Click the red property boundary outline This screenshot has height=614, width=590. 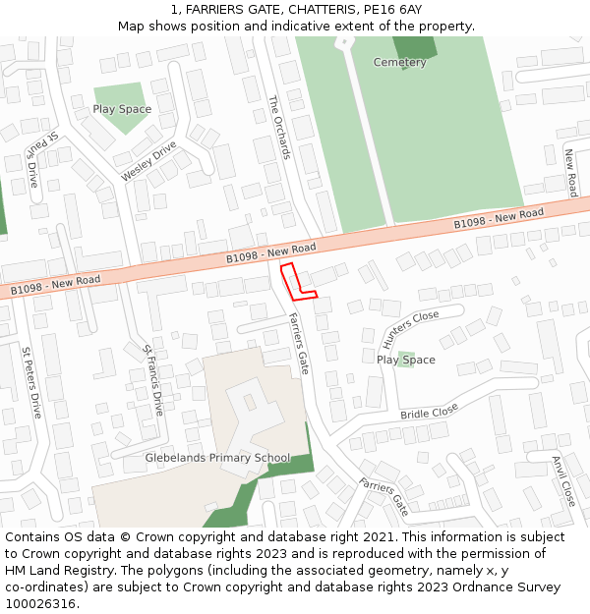click(296, 282)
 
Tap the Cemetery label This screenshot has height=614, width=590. click(400, 63)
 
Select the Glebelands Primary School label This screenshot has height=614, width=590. click(217, 458)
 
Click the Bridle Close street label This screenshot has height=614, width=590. click(429, 412)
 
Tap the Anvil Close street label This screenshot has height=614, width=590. click(562, 480)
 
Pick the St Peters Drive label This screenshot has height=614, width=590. click(31, 382)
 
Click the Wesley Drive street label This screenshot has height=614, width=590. click(148, 161)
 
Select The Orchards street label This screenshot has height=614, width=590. click(279, 127)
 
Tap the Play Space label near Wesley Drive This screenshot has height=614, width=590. click(122, 109)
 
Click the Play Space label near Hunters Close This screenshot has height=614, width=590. click(405, 360)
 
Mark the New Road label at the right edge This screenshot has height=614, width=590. click(569, 172)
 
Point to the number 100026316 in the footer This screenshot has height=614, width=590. click(41, 604)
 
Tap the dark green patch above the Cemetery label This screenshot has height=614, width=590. click(415, 46)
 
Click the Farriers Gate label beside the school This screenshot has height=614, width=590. click(298, 343)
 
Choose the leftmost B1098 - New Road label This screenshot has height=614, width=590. click(55, 286)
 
